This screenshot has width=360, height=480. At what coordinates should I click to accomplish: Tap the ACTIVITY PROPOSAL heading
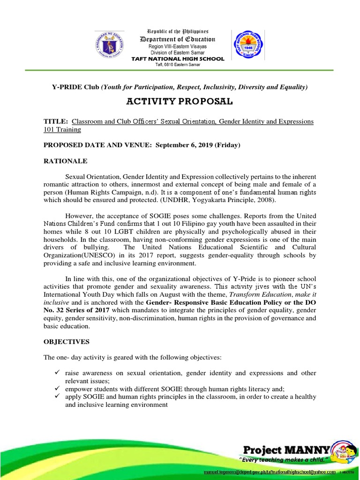point(180,103)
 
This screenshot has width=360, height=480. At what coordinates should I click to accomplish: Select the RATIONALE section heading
point(66,161)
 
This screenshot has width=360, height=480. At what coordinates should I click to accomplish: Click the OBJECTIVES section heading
point(67,342)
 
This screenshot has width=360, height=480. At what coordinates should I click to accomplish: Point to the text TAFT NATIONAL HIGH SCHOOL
point(178,59)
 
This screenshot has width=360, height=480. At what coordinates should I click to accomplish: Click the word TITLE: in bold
point(56,121)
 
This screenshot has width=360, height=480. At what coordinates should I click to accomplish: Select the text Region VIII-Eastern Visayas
point(178,47)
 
